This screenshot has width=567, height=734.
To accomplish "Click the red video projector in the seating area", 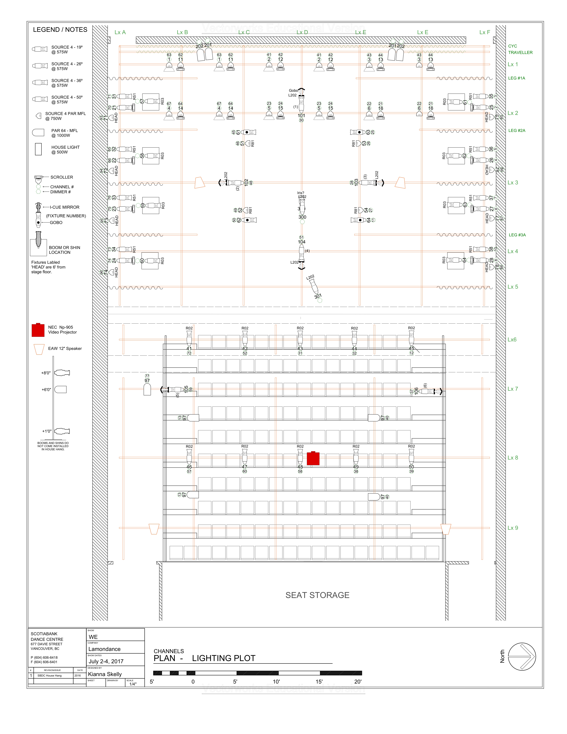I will (313, 458).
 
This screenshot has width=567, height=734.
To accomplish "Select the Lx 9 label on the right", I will (513, 528).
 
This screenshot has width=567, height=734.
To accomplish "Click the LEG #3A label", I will (517, 235).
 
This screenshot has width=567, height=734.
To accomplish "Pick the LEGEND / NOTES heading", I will (60, 30).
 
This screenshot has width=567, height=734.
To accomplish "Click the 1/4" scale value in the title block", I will (133, 684).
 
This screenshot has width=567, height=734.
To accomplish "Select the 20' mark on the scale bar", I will (358, 682).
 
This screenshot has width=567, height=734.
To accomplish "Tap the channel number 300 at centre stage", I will (302, 217).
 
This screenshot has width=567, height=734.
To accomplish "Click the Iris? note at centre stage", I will (301, 193).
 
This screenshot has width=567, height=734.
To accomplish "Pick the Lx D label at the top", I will (302, 32).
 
